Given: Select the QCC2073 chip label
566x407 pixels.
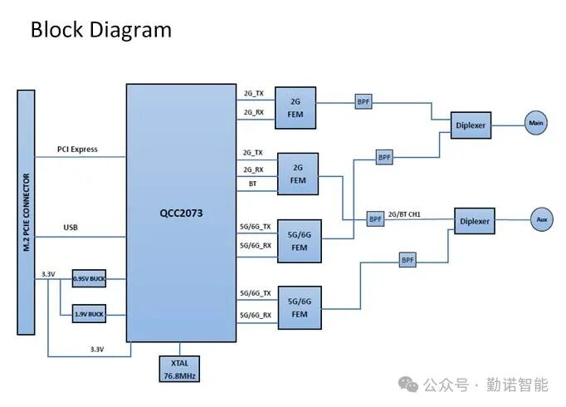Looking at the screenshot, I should pyautogui.click(x=181, y=213).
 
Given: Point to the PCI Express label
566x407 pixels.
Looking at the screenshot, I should pyautogui.click(x=77, y=150).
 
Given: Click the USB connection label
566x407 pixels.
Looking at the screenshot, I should pyautogui.click(x=71, y=227).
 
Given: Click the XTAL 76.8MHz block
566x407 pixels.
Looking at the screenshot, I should pyautogui.click(x=180, y=370).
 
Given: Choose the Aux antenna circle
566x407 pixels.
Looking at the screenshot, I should pyautogui.click(x=543, y=220).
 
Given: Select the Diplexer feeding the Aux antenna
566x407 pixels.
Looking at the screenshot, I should pyautogui.click(x=475, y=221).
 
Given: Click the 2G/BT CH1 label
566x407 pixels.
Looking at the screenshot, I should pyautogui.click(x=404, y=214).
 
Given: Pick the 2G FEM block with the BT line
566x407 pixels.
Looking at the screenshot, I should pyautogui.click(x=298, y=174).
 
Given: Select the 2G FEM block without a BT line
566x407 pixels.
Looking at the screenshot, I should pyautogui.click(x=295, y=108).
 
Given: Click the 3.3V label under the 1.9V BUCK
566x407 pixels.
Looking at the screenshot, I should pyautogui.click(x=96, y=350).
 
